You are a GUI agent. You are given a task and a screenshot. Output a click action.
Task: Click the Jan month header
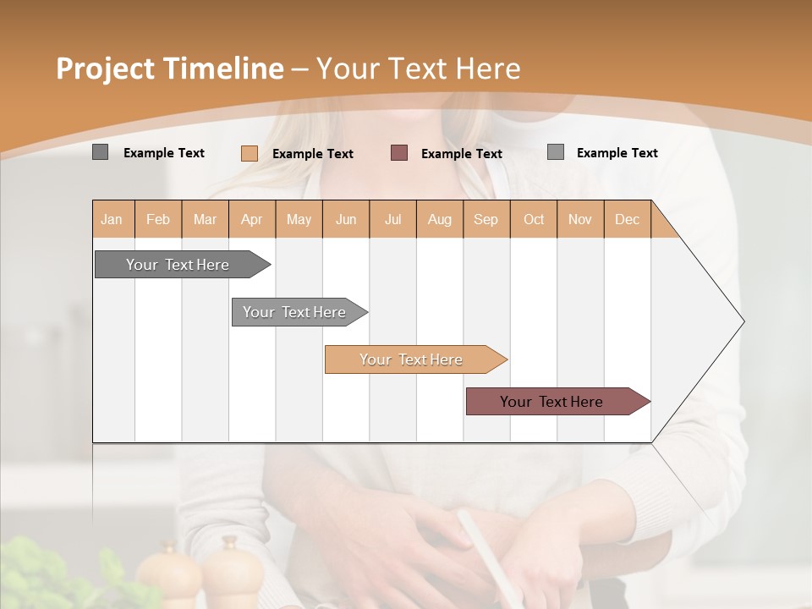[112, 219]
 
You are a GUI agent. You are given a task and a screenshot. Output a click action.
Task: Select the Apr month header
[252, 219]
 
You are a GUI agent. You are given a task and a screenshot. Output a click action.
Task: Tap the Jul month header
[393, 219]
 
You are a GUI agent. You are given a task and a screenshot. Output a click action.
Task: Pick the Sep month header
[486, 219]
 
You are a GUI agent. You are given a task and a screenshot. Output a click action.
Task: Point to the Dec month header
[627, 219]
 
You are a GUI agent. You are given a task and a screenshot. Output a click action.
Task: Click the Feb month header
[158, 219]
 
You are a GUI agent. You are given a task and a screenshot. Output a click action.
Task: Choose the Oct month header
[534, 219]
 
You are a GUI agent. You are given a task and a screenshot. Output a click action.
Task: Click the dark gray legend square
[100, 152]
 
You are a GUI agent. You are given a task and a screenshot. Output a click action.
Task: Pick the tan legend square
[249, 153]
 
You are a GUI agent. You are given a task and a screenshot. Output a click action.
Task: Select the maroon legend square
[399, 152]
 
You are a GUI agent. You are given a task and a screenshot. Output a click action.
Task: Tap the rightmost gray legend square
[555, 152]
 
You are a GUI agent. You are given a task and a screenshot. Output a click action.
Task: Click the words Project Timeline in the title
[169, 69]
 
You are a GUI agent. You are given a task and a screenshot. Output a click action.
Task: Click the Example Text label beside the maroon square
[462, 153]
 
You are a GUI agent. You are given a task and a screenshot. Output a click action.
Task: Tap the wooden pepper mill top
[229, 545]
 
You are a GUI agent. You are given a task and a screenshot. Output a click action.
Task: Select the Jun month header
[346, 219]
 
